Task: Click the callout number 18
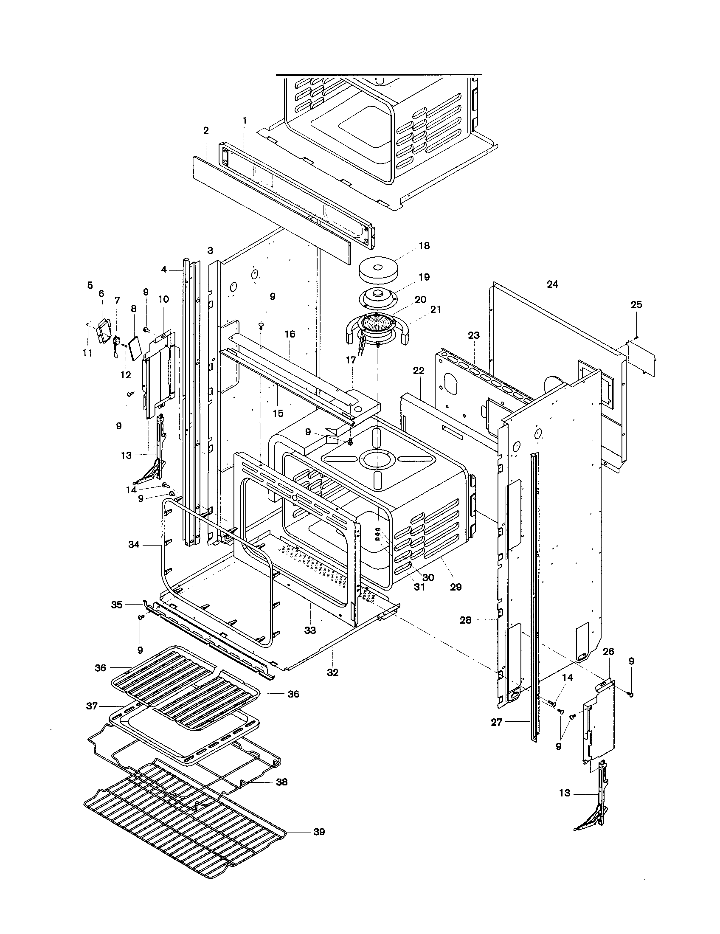pos(424,246)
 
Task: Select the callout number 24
pos(552,284)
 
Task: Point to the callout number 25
pos(636,305)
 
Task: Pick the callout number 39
pos(319,832)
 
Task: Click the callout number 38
pos(281,782)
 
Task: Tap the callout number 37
pos(92,706)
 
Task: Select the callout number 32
pos(333,673)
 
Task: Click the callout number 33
pos(310,630)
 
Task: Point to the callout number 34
pos(134,545)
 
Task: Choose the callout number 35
pos(117,605)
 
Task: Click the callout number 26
pos(608,652)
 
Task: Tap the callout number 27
pos(496,723)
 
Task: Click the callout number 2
pos(205,131)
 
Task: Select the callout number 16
pos(290,334)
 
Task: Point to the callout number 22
pos(419,371)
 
